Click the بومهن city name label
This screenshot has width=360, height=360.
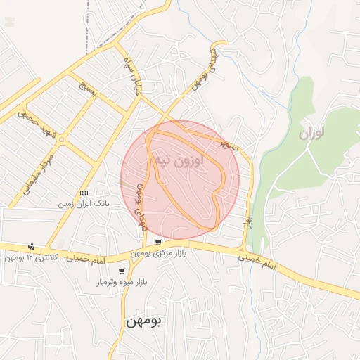coord(143,321)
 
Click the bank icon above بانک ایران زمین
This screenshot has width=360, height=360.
coord(84,193)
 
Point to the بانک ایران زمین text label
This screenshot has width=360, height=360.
coord(84,203)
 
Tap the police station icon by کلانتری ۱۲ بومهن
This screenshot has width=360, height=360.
coord(31,247)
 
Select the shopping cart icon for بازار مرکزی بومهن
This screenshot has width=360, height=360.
coord(158,243)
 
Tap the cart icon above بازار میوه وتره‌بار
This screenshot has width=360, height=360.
coord(122,271)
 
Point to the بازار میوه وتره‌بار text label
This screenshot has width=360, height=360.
coord(120,282)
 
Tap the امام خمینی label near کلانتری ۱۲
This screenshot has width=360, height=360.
coord(84,259)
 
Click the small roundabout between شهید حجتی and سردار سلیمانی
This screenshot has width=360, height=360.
coord(62,139)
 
